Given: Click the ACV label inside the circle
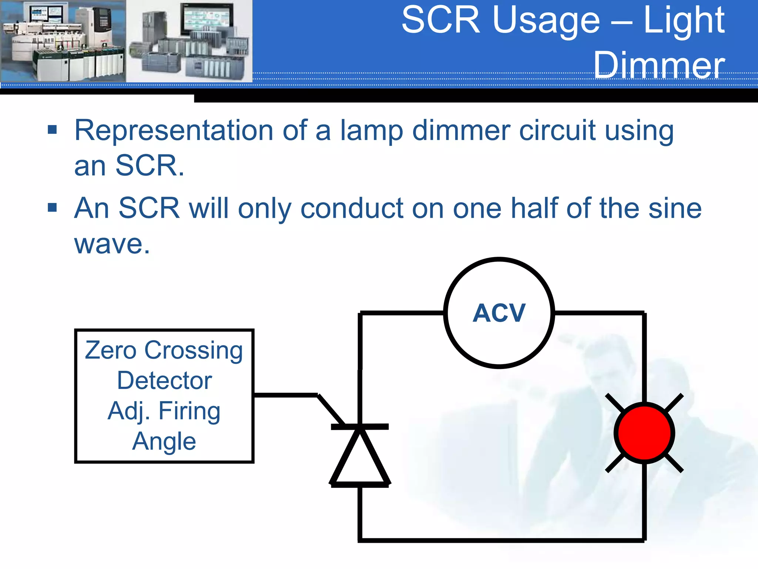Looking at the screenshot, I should click(499, 313).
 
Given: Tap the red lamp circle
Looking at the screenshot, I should click(644, 433).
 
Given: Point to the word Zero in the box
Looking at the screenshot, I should click(110, 350).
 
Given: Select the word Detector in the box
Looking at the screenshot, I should click(164, 381).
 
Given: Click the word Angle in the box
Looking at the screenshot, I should click(164, 442).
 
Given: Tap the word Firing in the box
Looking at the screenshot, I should click(189, 411).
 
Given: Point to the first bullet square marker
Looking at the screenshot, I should click(53, 130).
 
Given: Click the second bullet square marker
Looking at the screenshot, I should click(53, 207).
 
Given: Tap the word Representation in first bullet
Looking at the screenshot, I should click(174, 130).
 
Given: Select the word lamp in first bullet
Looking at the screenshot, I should click(371, 131).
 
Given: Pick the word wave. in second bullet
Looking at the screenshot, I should click(112, 244).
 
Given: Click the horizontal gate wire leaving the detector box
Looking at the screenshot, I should click(285, 395).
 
